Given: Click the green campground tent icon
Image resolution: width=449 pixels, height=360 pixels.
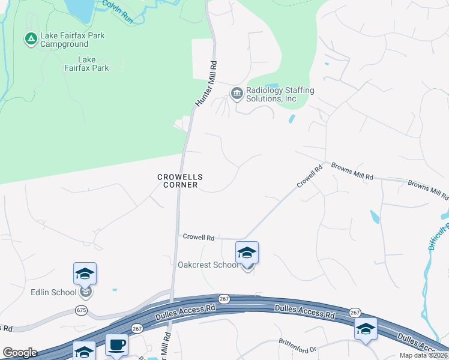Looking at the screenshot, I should coord(31,40).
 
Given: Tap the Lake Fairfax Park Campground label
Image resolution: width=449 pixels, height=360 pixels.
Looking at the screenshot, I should coord(72,40).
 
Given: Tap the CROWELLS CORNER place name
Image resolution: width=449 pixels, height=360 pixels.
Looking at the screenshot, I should coord(180,181).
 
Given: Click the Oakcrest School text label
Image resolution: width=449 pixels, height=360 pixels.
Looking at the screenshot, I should coord(208,265).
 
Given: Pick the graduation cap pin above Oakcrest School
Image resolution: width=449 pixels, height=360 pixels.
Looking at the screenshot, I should coord(247,253).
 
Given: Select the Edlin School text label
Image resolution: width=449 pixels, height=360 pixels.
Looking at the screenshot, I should coord(53,292).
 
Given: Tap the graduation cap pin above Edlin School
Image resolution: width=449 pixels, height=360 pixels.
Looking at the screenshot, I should coord(85,274).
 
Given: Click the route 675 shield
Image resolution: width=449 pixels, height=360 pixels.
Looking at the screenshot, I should coord(82,310).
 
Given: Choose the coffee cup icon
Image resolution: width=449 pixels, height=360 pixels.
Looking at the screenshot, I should coord(116,345).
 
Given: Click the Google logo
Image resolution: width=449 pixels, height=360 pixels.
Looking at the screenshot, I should coord(20,353).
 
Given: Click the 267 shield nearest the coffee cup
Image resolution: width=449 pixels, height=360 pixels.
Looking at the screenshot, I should coord(137,328).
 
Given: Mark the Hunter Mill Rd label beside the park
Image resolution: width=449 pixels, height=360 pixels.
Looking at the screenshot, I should coord(204,84).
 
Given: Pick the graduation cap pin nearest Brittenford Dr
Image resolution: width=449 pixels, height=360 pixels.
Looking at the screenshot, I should coord(365,329).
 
